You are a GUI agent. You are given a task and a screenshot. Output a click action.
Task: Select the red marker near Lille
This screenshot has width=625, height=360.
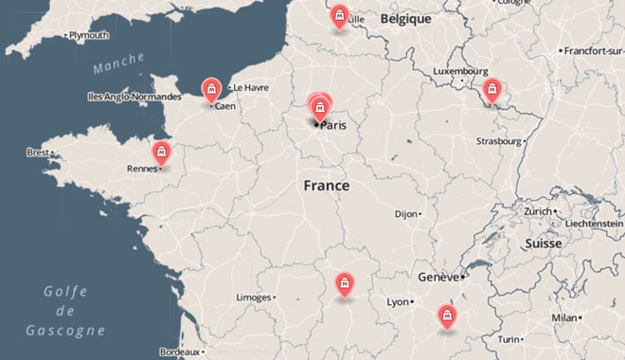tap(339, 17)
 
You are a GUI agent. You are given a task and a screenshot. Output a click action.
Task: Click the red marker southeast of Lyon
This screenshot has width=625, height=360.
tap(446, 316)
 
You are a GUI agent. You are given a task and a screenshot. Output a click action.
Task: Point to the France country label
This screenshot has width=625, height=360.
tap(326, 186)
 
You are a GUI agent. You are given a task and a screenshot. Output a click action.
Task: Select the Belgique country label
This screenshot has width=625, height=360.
tap(405, 18)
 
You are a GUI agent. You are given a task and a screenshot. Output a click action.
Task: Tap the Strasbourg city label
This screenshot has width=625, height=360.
tap(499, 141)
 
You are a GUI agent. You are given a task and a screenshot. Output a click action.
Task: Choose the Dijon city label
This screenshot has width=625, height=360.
tap(405, 214)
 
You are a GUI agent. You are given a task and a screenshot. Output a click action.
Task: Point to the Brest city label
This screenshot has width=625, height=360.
tap(38, 152)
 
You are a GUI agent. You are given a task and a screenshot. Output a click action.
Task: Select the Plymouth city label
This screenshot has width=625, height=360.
tap(90, 35)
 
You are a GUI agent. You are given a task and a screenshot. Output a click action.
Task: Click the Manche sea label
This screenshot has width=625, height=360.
tap(118, 66)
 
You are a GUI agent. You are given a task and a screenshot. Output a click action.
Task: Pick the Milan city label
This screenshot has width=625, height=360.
tap(564, 318)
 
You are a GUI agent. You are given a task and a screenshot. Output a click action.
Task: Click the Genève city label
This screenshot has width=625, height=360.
tap(437, 278)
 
